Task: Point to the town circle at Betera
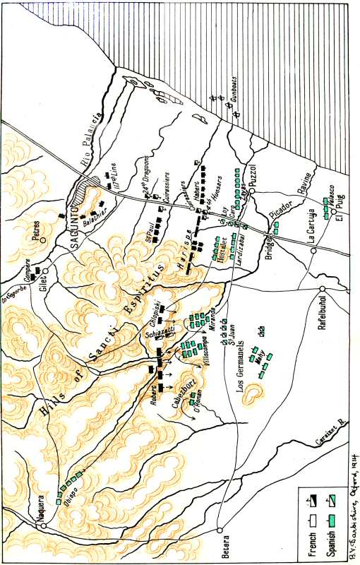click(x=220, y=529)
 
